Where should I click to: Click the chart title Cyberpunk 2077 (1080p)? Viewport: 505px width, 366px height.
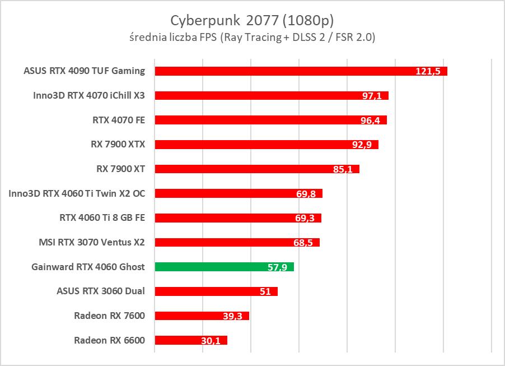252,20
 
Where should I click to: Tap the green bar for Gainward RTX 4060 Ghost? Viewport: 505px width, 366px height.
224,267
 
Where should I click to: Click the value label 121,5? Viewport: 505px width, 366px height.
430,72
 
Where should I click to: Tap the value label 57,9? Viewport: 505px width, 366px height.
277,267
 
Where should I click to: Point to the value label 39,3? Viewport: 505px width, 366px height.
232,316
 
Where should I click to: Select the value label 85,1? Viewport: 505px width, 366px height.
343,169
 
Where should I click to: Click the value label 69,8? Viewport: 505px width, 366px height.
306,194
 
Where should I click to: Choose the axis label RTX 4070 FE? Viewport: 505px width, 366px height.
119,119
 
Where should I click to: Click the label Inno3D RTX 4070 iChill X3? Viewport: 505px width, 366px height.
89,95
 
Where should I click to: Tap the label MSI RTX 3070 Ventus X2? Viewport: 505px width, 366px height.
92,242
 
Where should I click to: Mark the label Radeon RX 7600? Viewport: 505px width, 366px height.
109,316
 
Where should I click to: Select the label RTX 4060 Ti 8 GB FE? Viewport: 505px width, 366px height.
102,217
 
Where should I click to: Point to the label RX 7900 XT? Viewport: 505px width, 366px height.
121,168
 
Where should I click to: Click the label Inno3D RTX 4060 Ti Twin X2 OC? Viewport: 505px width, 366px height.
77,193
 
